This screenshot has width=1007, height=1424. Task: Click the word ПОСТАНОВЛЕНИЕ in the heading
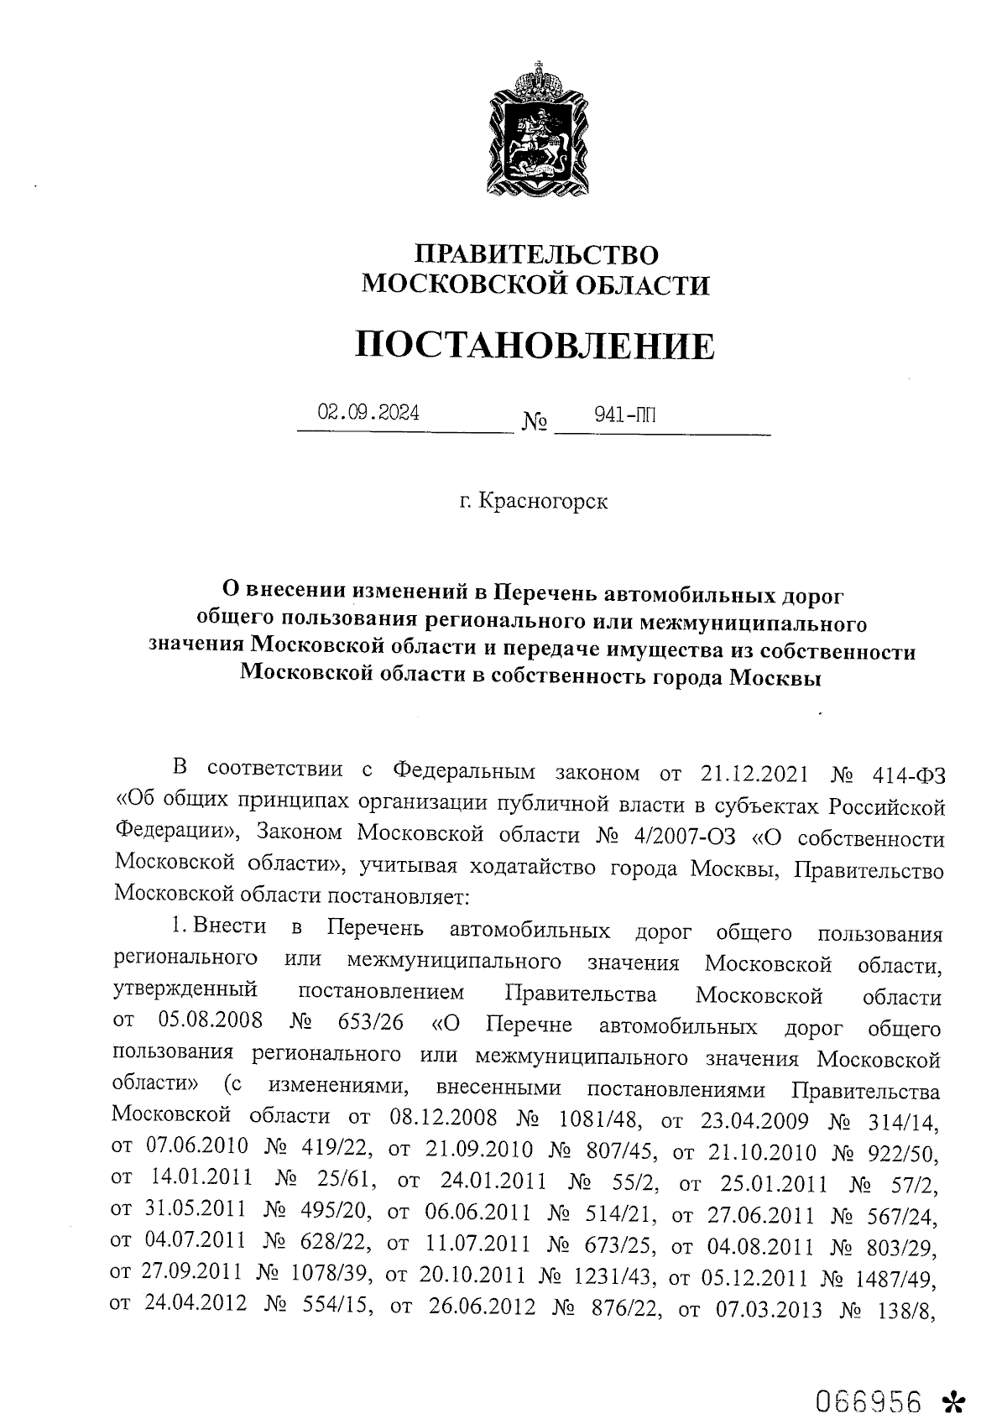click(x=535, y=346)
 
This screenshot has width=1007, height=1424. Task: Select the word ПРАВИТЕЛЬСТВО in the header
click(x=537, y=254)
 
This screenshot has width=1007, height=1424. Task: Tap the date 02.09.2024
click(x=368, y=413)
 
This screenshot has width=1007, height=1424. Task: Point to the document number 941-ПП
click(x=624, y=414)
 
